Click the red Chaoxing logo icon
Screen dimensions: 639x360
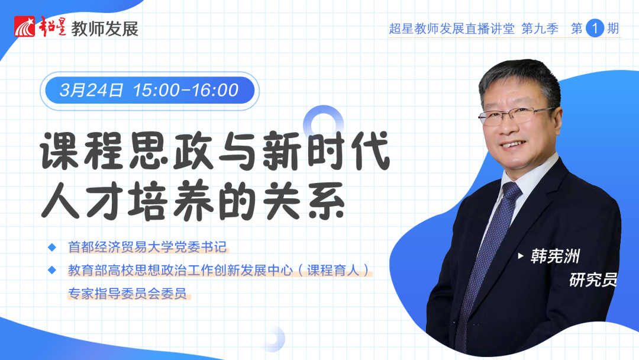25,27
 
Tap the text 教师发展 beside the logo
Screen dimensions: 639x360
105,28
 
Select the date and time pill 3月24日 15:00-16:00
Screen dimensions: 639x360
150,90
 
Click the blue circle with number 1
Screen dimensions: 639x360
595,28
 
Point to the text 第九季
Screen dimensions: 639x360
540,28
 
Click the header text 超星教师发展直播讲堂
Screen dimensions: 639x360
451,28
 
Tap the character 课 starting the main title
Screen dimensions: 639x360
60,151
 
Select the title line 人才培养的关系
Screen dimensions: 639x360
193,201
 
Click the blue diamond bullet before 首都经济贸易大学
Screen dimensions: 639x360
51,247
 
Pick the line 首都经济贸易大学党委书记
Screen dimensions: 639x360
147,247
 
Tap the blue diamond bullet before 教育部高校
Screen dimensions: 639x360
51,270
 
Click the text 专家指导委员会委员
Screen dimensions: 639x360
127,293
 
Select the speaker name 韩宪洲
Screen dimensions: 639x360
555,256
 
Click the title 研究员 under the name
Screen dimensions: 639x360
593,279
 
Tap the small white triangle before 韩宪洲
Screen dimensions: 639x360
521,256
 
